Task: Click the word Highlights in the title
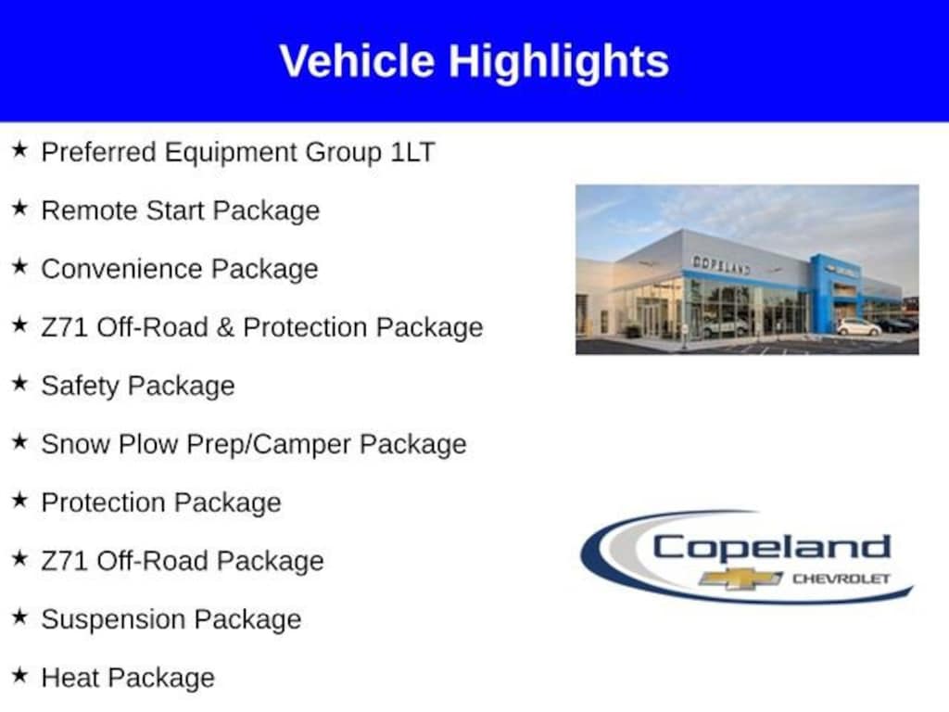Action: click(559, 62)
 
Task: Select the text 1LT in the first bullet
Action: click(412, 152)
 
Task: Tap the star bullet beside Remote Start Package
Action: click(20, 209)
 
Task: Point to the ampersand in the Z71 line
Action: click(224, 327)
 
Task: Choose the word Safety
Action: click(80, 387)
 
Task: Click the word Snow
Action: click(76, 444)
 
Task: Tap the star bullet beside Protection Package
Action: click(20, 500)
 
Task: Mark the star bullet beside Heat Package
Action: click(20, 675)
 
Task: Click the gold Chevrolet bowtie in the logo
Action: click(740, 578)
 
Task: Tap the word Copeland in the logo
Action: click(772, 550)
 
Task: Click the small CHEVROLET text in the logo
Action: click(841, 578)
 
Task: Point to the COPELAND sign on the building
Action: click(721, 264)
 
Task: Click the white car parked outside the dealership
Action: click(858, 327)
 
